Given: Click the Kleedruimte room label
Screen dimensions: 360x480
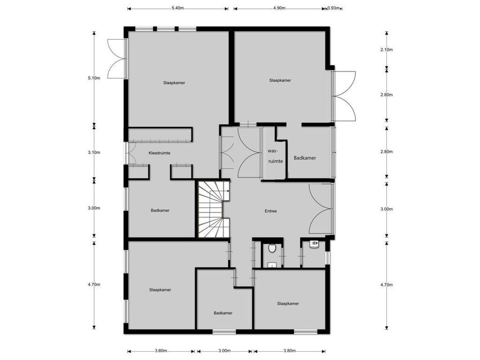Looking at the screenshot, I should (x=159, y=153).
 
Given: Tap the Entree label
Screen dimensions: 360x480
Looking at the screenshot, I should (x=271, y=211).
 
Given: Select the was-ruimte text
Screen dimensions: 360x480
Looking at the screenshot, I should (x=275, y=156).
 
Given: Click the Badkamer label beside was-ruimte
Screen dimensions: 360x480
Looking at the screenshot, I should (x=305, y=158).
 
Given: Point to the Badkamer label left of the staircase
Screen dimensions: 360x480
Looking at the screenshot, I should (x=160, y=210).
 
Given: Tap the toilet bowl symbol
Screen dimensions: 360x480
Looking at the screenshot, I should (x=272, y=248).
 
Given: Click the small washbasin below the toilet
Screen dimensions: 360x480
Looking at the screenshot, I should (x=272, y=265).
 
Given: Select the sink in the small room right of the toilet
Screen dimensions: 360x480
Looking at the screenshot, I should (x=313, y=245).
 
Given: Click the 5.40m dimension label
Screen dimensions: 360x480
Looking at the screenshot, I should (x=178, y=8).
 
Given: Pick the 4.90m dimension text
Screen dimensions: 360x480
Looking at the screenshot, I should (x=279, y=8).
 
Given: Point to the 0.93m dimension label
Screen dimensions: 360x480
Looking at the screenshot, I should (x=334, y=8).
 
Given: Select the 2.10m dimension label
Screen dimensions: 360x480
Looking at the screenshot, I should (x=387, y=50).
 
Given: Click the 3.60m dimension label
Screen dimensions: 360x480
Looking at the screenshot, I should (x=161, y=351).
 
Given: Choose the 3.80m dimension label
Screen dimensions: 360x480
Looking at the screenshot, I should (x=289, y=351).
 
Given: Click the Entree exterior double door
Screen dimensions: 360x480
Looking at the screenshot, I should (x=321, y=209).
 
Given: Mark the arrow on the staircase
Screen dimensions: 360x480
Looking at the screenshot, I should (x=228, y=191).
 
